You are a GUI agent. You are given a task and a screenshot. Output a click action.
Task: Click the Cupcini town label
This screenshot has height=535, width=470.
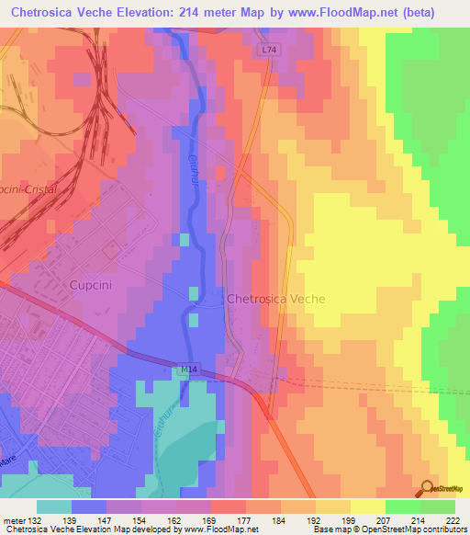(x=91, y=285)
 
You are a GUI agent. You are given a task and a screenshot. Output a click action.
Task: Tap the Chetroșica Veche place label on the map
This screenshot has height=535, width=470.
(x=275, y=299)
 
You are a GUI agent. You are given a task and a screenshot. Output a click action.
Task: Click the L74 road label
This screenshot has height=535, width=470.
(x=267, y=50)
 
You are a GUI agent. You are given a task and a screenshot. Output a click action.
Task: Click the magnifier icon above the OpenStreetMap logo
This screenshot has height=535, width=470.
(x=427, y=488)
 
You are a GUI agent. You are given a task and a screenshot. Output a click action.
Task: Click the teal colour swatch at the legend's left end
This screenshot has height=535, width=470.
(x=53, y=507)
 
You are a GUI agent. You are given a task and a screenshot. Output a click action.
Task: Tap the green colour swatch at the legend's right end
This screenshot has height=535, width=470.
(x=437, y=507)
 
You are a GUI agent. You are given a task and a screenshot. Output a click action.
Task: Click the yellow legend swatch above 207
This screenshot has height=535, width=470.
(x=367, y=507)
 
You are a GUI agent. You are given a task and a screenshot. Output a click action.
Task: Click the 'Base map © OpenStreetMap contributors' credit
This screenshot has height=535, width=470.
(x=386, y=529)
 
